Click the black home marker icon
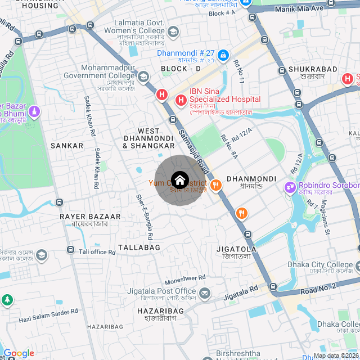tap(180, 180)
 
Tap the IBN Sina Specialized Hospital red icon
tap(181, 101)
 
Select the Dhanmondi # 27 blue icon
tap(223, 55)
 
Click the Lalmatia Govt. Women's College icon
tap(173, 31)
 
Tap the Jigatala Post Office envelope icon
tap(205, 293)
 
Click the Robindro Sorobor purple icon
tap(290, 186)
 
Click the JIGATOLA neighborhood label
tap(236, 249)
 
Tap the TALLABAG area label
tap(139, 247)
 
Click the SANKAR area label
tap(67, 146)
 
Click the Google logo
tap(19, 353)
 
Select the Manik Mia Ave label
tap(299, 9)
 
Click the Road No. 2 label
tap(318, 286)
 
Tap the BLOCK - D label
tap(181, 69)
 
